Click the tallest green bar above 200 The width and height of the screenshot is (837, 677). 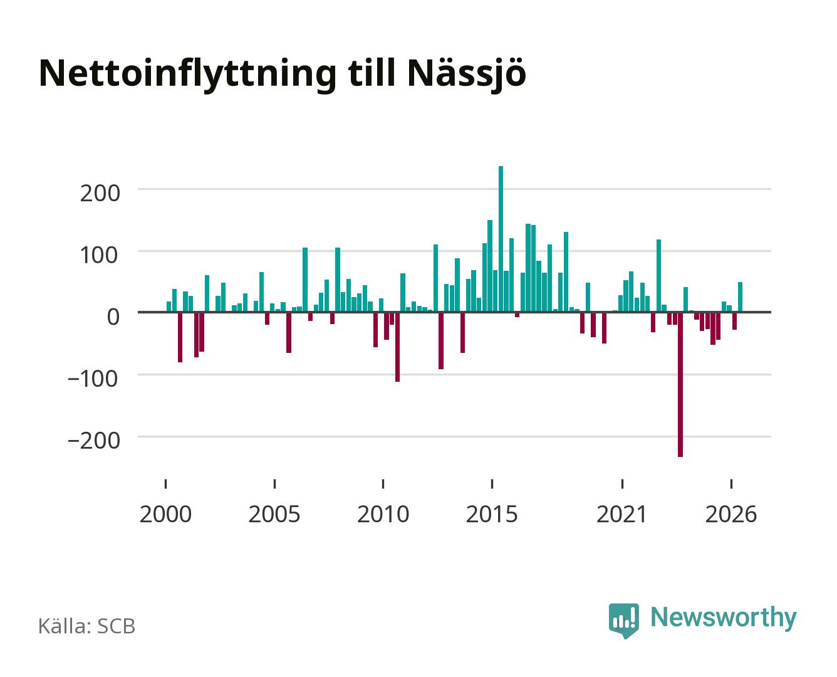501,239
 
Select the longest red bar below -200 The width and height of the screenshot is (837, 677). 680,384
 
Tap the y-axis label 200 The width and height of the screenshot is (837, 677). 100,194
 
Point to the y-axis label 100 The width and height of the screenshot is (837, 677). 98,255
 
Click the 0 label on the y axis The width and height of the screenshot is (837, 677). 113,317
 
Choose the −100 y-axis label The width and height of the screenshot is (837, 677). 93,379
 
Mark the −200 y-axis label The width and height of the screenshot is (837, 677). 94,440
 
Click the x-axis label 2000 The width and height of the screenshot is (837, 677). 165,514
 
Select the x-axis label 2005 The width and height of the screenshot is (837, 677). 274,514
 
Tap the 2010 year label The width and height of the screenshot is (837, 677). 383,514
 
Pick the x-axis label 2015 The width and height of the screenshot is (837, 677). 492,514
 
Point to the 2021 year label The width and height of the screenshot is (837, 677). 621,514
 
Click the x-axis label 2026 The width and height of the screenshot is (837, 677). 731,514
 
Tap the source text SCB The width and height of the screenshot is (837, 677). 117,626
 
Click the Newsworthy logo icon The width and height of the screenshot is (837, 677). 623,620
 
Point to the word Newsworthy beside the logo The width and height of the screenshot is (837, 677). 724,618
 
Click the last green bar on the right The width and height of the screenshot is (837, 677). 740,297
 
